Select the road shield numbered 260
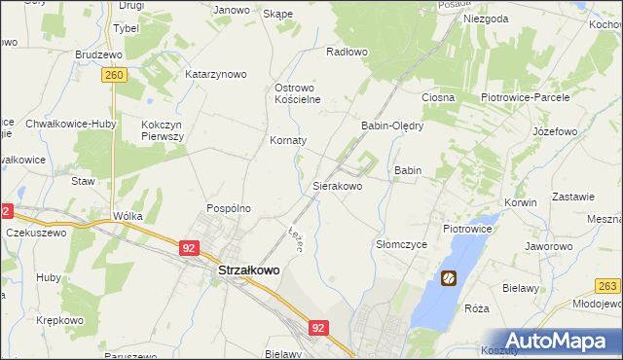(x=115, y=75)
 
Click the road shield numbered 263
(x=608, y=285)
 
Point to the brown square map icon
(x=448, y=279)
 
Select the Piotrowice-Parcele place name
(x=526, y=98)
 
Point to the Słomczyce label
(x=402, y=245)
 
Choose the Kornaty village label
(x=288, y=140)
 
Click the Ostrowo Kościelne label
(x=298, y=92)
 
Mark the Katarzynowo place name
(x=216, y=74)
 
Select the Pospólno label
(x=229, y=208)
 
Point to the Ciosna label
(x=438, y=98)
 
